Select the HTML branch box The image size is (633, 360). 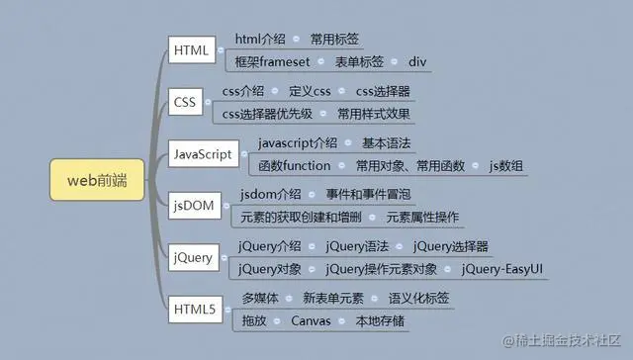coord(190,49)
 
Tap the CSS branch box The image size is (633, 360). coord(185,102)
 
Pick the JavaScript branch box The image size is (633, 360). coord(203,154)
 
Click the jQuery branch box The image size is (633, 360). coord(193,257)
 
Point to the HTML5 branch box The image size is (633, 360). coord(194,310)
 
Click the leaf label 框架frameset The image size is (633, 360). coord(272,61)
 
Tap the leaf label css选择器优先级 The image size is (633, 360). coord(268,114)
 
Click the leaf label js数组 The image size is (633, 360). coord(505,165)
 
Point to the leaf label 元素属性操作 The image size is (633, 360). coord(422,217)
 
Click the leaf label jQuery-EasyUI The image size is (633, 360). coord(501,268)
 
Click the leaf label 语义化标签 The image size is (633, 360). coord(418,298)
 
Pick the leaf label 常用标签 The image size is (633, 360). coord(334,40)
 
